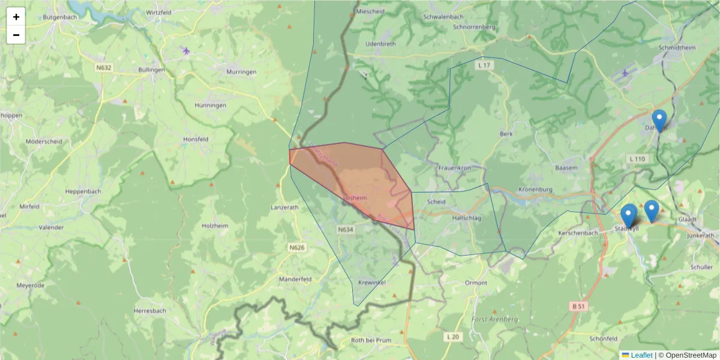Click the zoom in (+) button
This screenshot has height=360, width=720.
(16, 17)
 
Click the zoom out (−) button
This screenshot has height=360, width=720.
(16, 35)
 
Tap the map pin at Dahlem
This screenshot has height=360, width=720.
(659, 121)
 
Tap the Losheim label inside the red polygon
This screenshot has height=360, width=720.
(355, 197)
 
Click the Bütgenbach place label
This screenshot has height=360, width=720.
(60, 17)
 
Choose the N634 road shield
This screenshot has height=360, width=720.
(346, 229)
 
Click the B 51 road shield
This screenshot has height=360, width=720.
(578, 306)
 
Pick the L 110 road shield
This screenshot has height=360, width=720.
(637, 159)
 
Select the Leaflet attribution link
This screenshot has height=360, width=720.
(641, 355)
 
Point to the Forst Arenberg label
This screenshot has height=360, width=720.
(495, 319)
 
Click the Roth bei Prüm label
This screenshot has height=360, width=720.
(372, 340)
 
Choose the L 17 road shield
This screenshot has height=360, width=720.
(485, 64)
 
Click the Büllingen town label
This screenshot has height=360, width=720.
(152, 70)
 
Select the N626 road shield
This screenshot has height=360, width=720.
(297, 247)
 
